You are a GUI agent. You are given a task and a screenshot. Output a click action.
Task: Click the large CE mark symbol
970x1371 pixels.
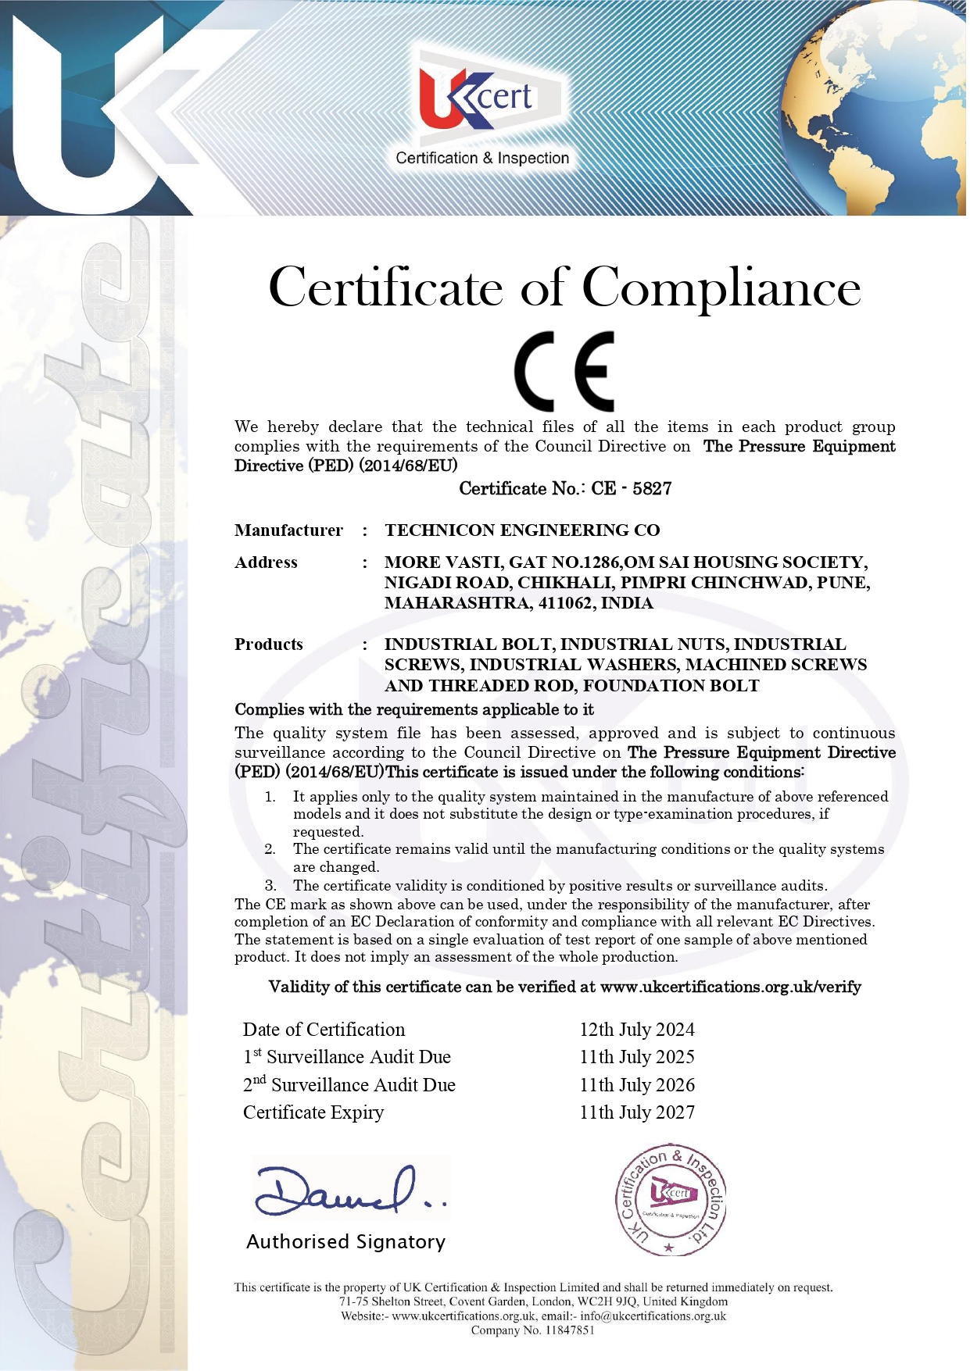(564, 371)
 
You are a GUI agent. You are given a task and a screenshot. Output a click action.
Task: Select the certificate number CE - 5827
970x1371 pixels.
(632, 489)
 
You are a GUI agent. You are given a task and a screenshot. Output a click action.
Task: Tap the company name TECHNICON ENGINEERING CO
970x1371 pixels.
(522, 530)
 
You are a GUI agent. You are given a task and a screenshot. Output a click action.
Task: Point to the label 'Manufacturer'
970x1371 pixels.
(288, 530)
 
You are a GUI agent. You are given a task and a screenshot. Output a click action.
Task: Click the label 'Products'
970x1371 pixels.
(269, 644)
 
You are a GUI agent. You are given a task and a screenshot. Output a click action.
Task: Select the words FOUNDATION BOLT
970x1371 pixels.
(671, 686)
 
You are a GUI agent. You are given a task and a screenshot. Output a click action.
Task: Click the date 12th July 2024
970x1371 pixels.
(637, 1030)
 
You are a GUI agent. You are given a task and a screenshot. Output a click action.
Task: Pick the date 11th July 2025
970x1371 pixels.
(637, 1057)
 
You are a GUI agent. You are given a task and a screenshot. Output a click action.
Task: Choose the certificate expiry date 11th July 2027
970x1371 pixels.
(637, 1112)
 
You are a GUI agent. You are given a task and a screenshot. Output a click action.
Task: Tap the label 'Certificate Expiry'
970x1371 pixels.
(313, 1112)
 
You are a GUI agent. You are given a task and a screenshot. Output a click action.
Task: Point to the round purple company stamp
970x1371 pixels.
(670, 1201)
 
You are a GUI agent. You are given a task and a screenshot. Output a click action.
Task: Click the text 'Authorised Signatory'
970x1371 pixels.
(345, 1242)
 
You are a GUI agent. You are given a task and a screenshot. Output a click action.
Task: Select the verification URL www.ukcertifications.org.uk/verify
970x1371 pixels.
(731, 987)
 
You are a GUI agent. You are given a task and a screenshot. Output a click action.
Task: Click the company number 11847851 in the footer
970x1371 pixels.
(570, 1330)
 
